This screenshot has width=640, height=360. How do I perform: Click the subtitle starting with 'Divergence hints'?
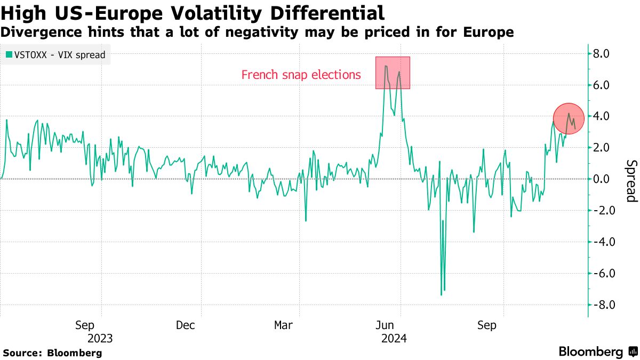pos(257,33)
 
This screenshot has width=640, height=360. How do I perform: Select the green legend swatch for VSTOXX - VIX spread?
pos(9,54)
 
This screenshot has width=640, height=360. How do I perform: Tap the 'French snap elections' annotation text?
pos(301,75)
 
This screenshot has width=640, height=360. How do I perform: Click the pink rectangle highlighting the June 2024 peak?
pos(393,73)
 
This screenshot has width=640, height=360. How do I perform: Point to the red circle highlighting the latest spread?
pos(569,118)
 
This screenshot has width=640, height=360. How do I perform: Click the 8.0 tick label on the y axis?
pos(606,53)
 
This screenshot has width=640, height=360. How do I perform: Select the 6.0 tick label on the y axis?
pos(606,85)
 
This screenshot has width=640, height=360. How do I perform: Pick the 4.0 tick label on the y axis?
pos(606,116)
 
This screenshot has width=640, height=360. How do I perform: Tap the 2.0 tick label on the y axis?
pos(606,148)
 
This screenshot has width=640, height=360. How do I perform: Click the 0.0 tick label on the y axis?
pos(606,179)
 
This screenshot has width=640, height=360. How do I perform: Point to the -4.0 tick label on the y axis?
pos(604,242)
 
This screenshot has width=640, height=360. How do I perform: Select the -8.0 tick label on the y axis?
pos(604,305)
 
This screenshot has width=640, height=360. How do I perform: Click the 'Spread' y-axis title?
pos(631,181)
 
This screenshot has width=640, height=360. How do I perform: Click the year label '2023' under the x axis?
pos(100,339)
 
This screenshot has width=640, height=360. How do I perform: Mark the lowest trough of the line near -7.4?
pos(442,294)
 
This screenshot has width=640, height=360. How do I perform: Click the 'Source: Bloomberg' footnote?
pos(52,353)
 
